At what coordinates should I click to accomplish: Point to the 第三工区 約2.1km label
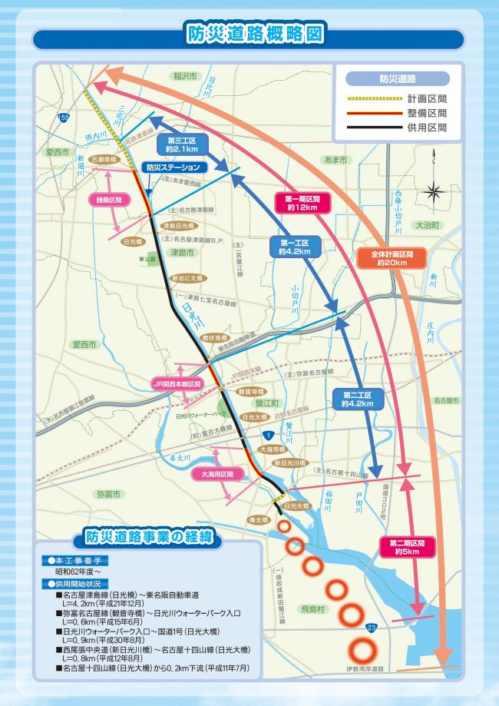tap(182, 145)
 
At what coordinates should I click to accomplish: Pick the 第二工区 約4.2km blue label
tap(356, 399)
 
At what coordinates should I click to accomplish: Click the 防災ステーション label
tap(174, 167)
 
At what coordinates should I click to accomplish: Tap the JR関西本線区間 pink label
tap(176, 383)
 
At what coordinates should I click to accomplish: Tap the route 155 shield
tap(62, 117)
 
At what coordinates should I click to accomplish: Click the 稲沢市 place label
tap(185, 76)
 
